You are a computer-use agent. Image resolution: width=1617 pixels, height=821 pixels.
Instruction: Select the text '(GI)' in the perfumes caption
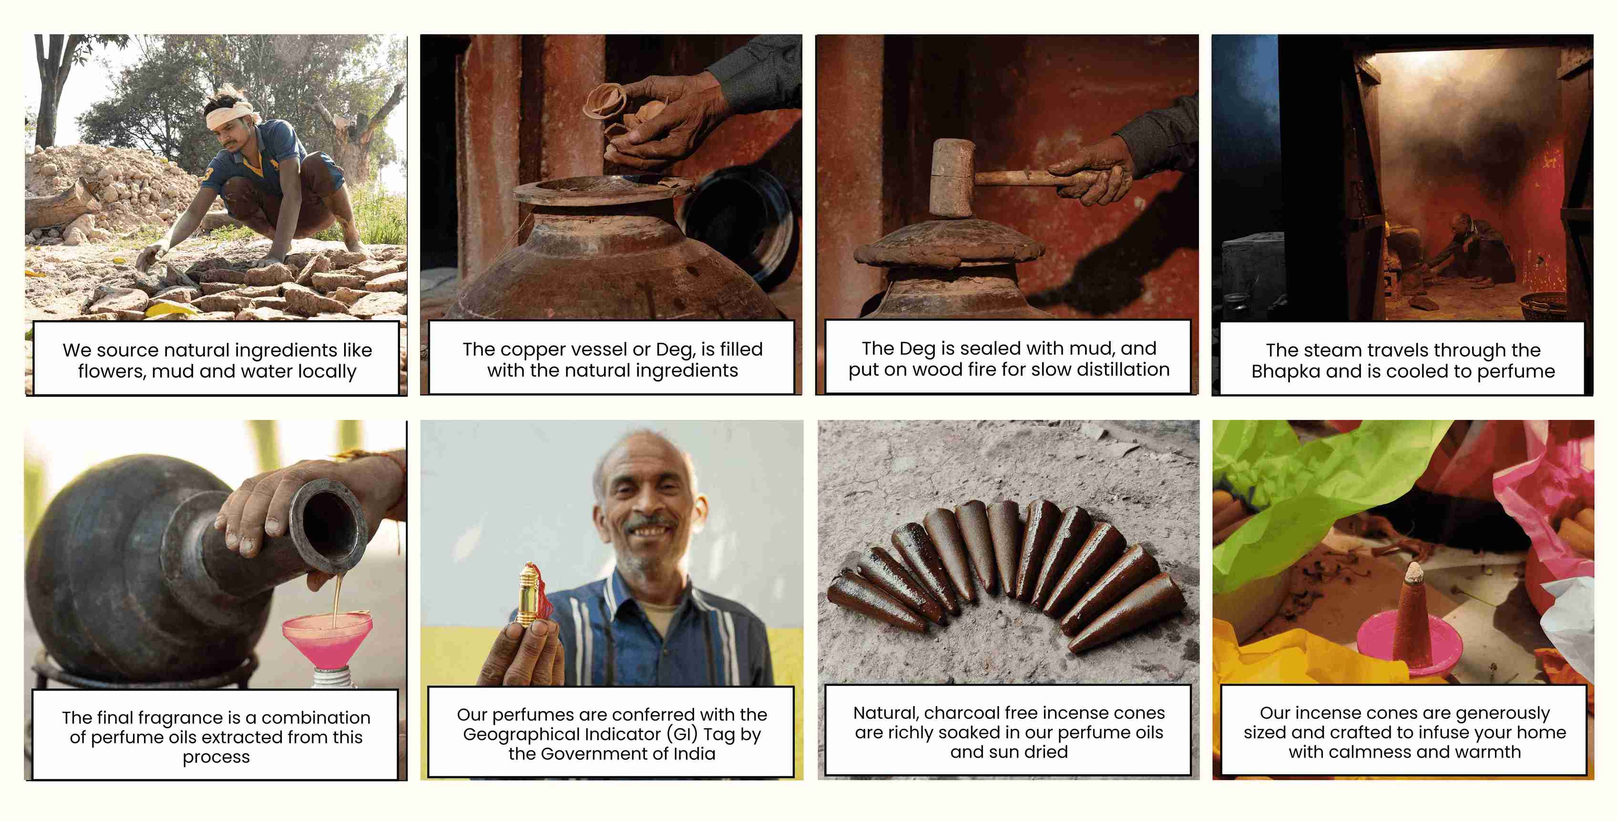click(682, 734)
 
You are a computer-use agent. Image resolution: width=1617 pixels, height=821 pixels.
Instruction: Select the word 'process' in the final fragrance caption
click(216, 758)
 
